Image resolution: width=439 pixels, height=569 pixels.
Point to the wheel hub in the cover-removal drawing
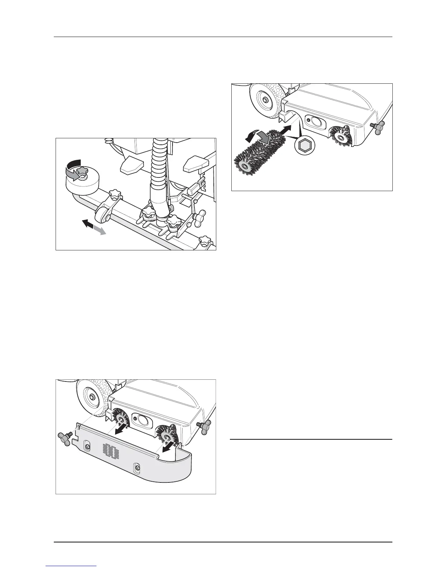(x=91, y=396)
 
